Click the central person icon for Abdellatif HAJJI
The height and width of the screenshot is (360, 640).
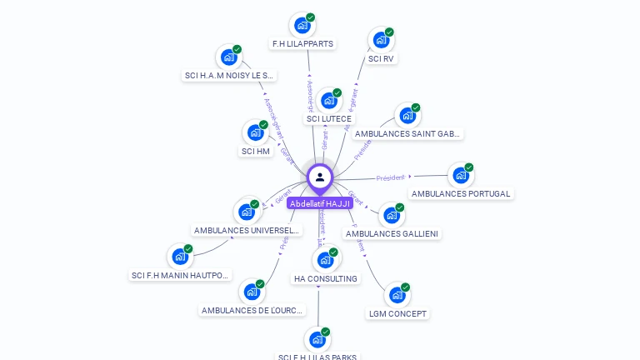pos(320,177)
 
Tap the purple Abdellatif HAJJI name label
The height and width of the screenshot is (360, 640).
pos(320,203)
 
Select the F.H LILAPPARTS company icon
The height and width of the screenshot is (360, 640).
pos(302,25)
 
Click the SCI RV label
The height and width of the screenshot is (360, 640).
pos(381,59)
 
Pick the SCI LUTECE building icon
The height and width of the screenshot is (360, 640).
pos(329,101)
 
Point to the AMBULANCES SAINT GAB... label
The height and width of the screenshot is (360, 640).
pos(407,133)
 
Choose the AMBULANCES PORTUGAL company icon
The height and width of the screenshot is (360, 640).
pos(461,175)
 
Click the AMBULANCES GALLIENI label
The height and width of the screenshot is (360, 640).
pos(392,233)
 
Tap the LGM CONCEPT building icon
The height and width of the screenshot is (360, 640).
pos(397,295)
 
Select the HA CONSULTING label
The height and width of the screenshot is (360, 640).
pos(325,278)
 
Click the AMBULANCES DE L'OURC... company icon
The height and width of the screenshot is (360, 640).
pos(251,292)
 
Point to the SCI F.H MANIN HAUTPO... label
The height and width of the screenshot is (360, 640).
pos(181,275)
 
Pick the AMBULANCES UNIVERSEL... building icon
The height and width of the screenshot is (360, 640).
pos(247,212)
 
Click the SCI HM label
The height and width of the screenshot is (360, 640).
pos(256,151)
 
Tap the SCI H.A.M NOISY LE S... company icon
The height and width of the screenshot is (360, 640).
pos(228,57)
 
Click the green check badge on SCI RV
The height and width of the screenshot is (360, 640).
pos(389,32)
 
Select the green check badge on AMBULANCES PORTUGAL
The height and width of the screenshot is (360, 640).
pos(469,167)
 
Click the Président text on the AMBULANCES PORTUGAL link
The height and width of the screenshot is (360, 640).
pos(390,177)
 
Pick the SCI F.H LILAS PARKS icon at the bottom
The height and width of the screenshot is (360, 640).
pos(317,339)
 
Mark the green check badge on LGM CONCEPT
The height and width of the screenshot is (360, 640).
pos(406,287)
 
